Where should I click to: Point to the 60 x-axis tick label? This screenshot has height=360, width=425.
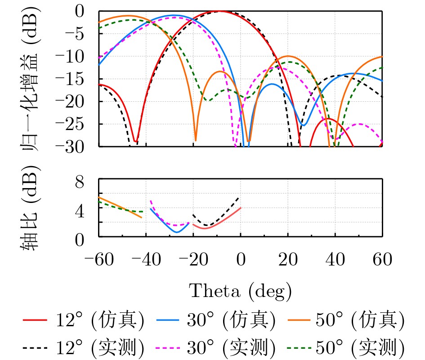[382, 260]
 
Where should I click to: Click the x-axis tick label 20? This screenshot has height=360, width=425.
[288, 260]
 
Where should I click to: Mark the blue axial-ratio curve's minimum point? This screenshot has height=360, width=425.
[177, 232]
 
